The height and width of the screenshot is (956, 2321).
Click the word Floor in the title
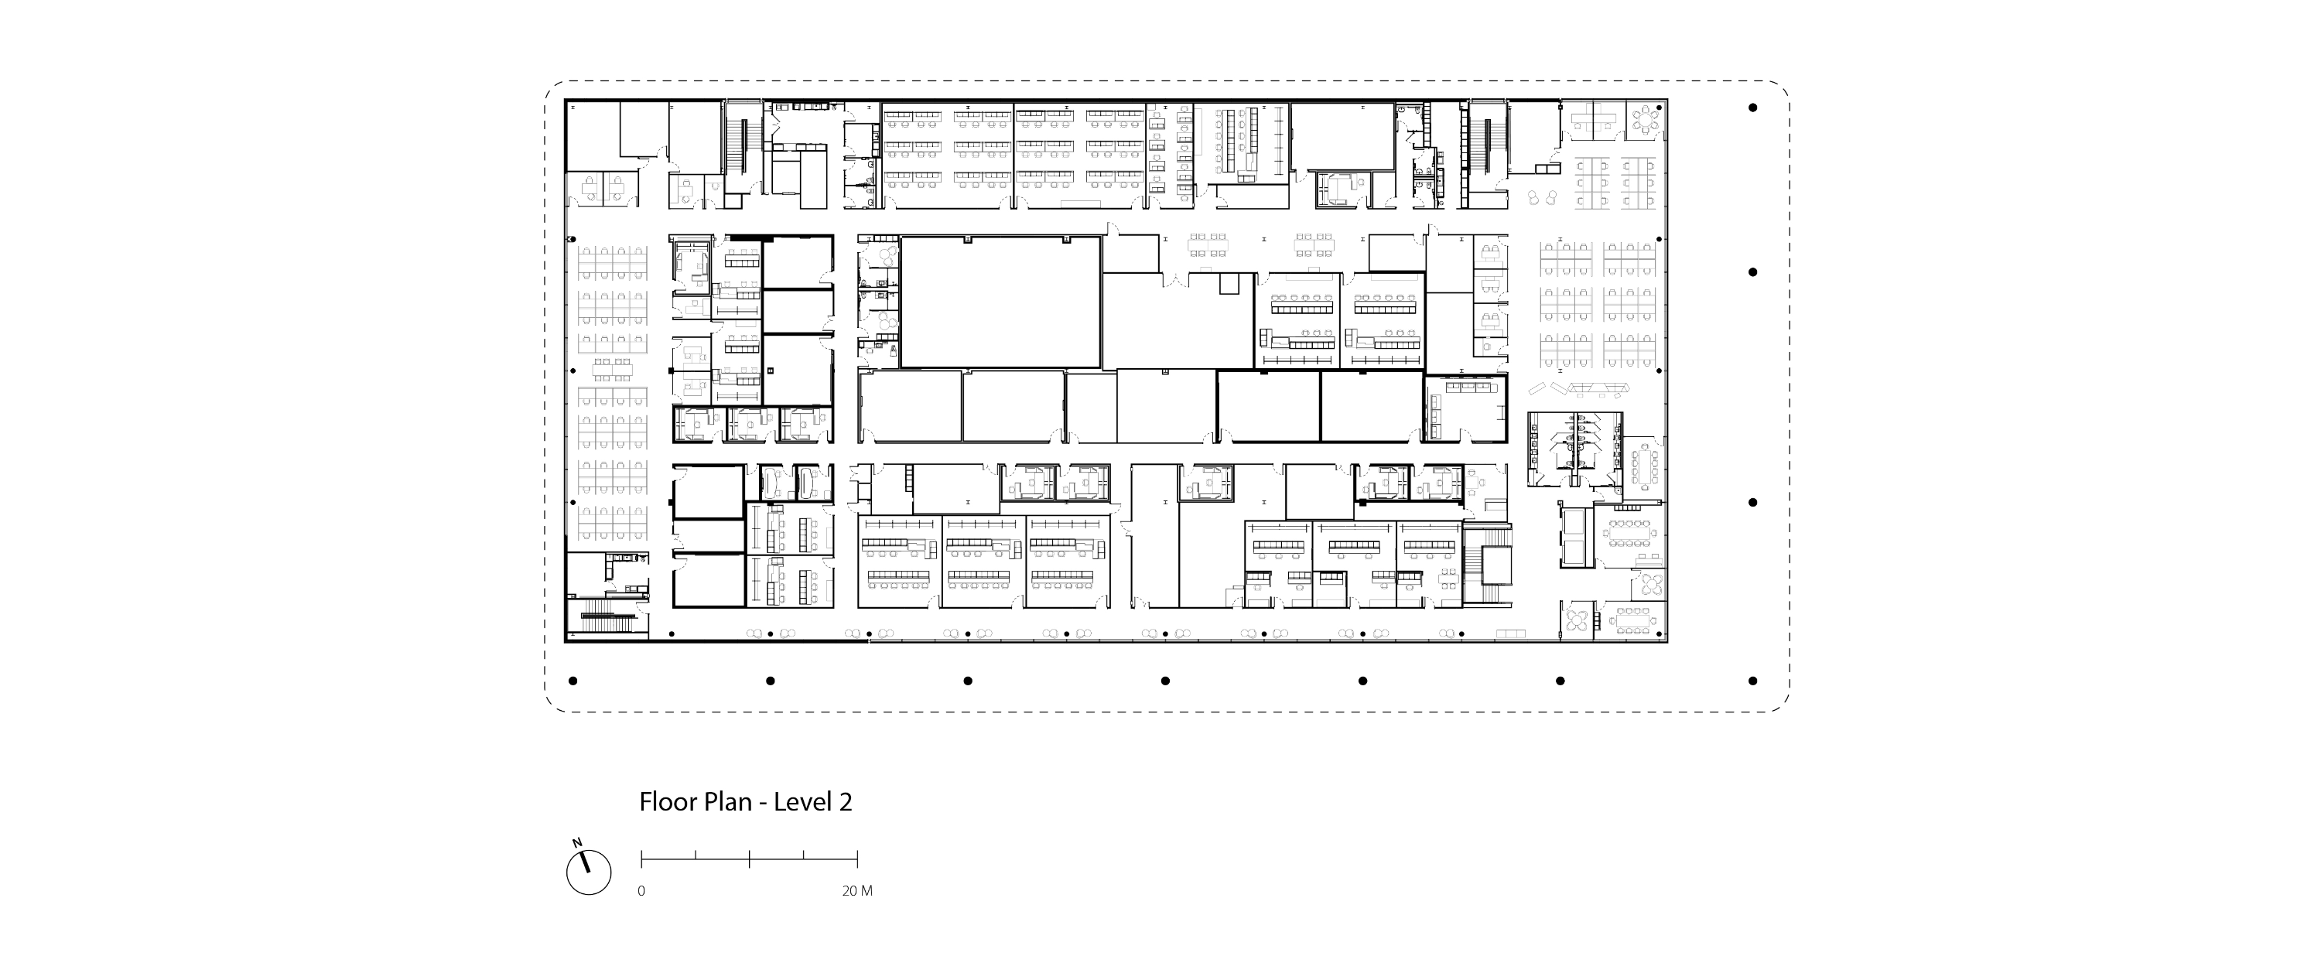click(x=667, y=802)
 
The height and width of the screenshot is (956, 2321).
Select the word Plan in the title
click(x=726, y=802)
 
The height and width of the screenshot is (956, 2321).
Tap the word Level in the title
click(x=803, y=802)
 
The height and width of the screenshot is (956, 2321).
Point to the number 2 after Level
click(x=845, y=803)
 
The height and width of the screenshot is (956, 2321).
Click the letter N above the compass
click(x=576, y=842)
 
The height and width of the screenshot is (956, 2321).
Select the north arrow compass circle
click(x=590, y=872)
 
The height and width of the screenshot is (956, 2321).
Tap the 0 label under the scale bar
click(x=641, y=891)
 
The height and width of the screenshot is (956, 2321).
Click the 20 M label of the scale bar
click(x=857, y=891)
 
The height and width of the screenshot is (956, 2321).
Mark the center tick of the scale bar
click(x=750, y=858)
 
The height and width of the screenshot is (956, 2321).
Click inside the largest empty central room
click(x=1000, y=302)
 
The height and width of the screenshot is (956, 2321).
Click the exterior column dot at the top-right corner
click(x=1752, y=108)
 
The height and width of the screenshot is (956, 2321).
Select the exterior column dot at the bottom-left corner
click(x=573, y=681)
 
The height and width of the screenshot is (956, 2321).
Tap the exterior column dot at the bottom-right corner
click(x=1752, y=681)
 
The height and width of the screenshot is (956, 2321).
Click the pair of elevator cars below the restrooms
click(x=1577, y=537)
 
